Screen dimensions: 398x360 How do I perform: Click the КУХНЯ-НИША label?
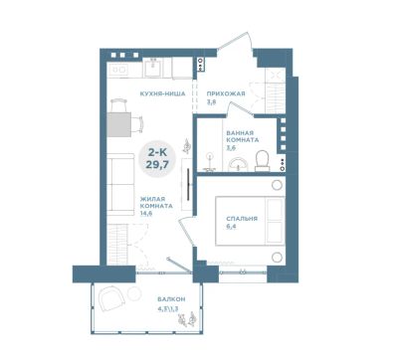[162, 93]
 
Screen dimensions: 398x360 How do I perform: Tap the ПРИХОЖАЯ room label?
[226, 93]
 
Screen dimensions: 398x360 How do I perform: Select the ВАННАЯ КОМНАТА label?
[243, 136]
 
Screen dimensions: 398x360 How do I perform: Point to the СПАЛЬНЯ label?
[242, 219]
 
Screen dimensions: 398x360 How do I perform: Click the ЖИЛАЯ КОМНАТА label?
[156, 203]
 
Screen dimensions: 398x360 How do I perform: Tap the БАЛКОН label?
[171, 299]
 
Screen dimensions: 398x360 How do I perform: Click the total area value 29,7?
[157, 164]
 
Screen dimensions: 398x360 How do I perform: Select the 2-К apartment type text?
[157, 153]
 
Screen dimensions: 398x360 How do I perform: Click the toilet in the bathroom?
[263, 161]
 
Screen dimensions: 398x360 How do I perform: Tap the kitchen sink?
[153, 68]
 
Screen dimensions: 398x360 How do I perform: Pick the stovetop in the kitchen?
[118, 70]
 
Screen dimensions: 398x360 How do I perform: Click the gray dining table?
[119, 124]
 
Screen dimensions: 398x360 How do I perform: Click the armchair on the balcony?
[111, 299]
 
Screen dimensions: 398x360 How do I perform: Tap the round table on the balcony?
[135, 293]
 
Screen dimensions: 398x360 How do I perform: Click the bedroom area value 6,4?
[231, 227]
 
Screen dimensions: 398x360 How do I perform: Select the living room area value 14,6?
[146, 214]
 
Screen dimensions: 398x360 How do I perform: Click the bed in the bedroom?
[251, 221]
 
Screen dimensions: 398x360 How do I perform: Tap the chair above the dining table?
[119, 105]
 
